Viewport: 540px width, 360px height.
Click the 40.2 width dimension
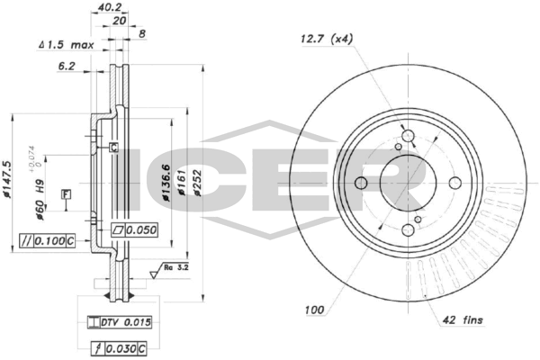coord(109,7)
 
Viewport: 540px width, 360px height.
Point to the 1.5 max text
coord(70,43)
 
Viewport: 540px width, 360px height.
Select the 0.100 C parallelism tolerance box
coord(46,240)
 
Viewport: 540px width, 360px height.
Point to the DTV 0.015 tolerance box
coord(117,321)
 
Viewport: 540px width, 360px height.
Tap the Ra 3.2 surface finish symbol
coord(175,267)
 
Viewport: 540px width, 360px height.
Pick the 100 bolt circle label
coord(314,310)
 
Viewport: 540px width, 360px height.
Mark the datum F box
coord(66,193)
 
